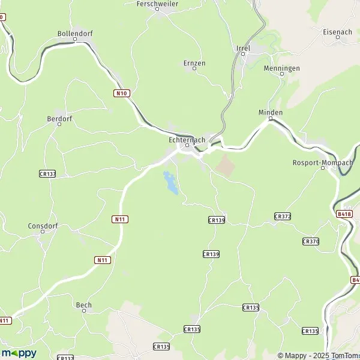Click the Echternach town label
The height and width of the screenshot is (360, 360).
coord(187,139)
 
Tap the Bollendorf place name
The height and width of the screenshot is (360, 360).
coord(74,34)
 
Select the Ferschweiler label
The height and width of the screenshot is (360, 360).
coord(158,4)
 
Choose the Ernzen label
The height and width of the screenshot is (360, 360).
coord(194,62)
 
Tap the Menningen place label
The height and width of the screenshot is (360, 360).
coord(281,68)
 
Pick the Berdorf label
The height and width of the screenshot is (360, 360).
coord(59,119)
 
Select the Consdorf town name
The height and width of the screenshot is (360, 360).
coord(42,226)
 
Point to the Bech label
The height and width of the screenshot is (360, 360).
coord(83,305)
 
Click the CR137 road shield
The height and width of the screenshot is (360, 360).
coord(47,173)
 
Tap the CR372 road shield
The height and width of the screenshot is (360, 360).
coord(282,216)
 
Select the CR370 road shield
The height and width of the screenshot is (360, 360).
coord(310,241)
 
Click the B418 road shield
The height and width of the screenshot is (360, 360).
coord(344,214)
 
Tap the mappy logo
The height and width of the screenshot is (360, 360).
coord(19,353)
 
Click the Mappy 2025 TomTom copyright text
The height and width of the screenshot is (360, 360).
coord(318,356)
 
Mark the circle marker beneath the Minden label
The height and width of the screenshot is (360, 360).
coord(271,119)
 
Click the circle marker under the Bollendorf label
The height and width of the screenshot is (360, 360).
coord(75,40)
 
